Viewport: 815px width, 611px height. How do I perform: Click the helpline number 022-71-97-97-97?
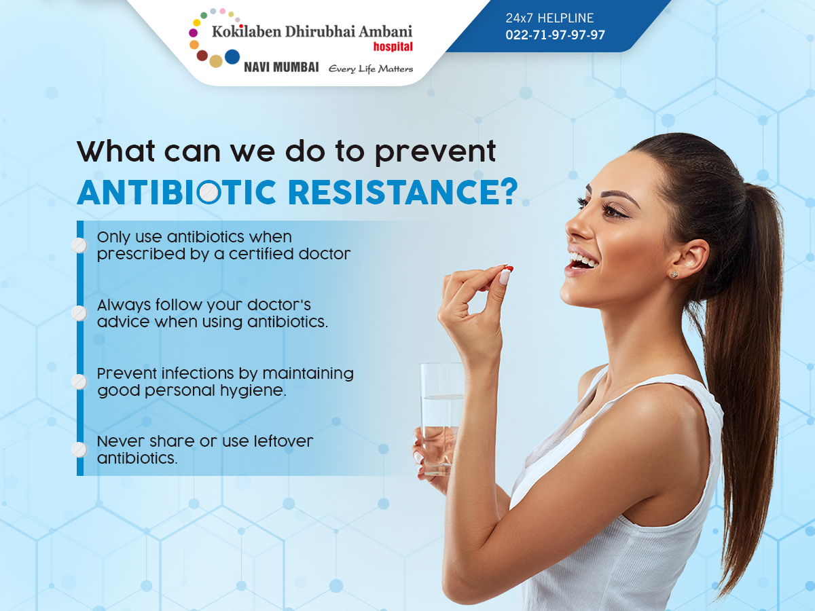555,35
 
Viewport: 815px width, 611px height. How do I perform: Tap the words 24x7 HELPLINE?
549,18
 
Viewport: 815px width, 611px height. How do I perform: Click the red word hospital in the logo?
393,47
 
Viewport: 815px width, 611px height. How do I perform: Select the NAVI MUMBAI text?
281,67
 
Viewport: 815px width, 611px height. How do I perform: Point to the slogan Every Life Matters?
371,69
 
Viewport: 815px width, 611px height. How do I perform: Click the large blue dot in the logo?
232,57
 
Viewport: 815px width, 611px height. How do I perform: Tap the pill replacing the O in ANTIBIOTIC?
209,192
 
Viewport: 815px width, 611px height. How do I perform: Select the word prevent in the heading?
435,152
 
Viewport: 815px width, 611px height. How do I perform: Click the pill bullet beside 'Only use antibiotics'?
79,246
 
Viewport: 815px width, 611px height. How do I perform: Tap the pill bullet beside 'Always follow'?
79,314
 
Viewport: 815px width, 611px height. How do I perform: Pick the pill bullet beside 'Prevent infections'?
79,382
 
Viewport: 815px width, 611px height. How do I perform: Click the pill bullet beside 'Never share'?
79,450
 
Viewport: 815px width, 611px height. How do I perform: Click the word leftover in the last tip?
283,441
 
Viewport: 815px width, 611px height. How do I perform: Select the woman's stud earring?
674,274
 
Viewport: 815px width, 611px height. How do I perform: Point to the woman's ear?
690,258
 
